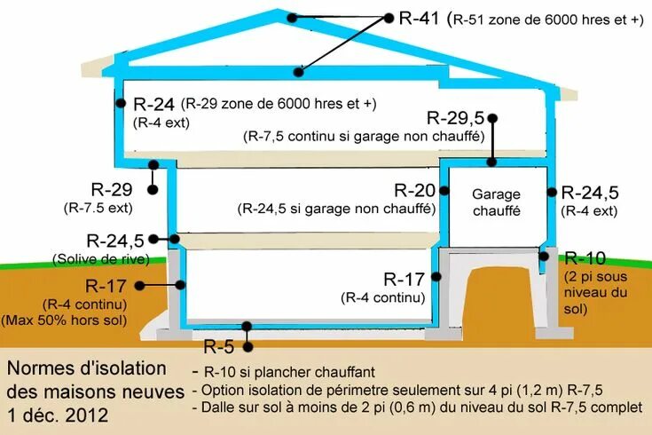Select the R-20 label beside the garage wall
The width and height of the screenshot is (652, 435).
click(415, 190)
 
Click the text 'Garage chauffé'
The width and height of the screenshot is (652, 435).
click(496, 202)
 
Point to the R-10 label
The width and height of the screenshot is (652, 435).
click(585, 258)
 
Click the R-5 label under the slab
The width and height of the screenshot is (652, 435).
click(221, 346)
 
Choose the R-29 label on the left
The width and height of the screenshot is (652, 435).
click(111, 189)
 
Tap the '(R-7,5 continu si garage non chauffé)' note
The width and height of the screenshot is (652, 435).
click(363, 137)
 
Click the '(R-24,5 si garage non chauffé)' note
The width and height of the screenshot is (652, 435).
click(336, 210)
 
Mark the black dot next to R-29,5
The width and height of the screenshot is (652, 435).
click(491, 117)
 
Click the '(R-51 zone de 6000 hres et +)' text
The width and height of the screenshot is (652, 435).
click(546, 19)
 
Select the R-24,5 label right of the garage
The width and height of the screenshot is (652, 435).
click(590, 193)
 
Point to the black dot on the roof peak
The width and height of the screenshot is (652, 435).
click(291, 17)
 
